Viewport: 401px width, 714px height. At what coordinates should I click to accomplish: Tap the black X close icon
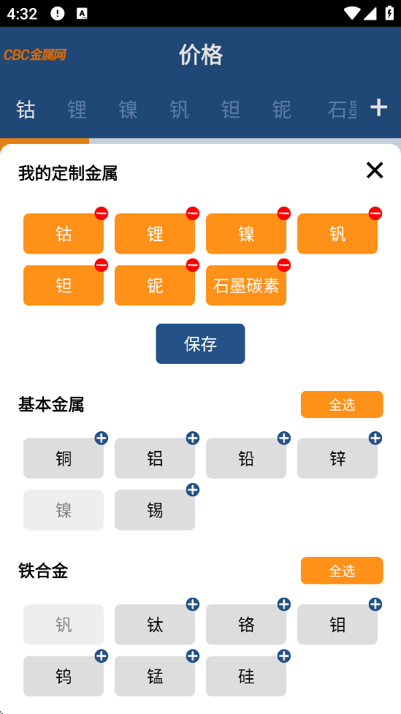pyautogui.click(x=375, y=170)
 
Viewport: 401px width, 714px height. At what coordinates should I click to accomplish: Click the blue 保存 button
pyautogui.click(x=200, y=343)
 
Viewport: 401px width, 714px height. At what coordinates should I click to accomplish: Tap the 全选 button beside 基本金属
pyautogui.click(x=342, y=404)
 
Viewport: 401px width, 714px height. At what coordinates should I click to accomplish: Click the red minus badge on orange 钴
pyautogui.click(x=101, y=213)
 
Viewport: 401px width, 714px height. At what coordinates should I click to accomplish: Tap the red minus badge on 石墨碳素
pyautogui.click(x=283, y=265)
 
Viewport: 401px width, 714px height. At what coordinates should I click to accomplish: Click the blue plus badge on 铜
pyautogui.click(x=101, y=438)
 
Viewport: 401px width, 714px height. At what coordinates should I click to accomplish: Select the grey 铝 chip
pyautogui.click(x=155, y=458)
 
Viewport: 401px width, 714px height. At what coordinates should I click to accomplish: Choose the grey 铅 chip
pyautogui.click(x=246, y=458)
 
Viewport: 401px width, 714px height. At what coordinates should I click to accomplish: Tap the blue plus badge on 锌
pyautogui.click(x=375, y=438)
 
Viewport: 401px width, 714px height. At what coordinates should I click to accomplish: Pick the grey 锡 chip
pyautogui.click(x=155, y=510)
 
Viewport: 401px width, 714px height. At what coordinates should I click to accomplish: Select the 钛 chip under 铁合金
pyautogui.click(x=155, y=625)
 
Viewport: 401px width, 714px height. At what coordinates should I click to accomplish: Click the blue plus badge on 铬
pyautogui.click(x=283, y=604)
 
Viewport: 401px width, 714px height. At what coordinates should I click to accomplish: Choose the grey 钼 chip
pyautogui.click(x=337, y=625)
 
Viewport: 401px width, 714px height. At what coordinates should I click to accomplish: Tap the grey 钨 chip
pyautogui.click(x=64, y=676)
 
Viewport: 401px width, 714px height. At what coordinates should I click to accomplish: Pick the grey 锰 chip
pyautogui.click(x=155, y=676)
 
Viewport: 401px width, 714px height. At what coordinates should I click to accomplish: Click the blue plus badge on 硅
pyautogui.click(x=283, y=656)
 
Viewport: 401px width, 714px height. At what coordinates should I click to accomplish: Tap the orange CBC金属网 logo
pyautogui.click(x=35, y=55)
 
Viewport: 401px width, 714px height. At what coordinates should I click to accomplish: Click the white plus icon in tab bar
pyautogui.click(x=378, y=107)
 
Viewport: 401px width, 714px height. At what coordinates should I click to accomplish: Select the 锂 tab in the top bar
pyautogui.click(x=77, y=110)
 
